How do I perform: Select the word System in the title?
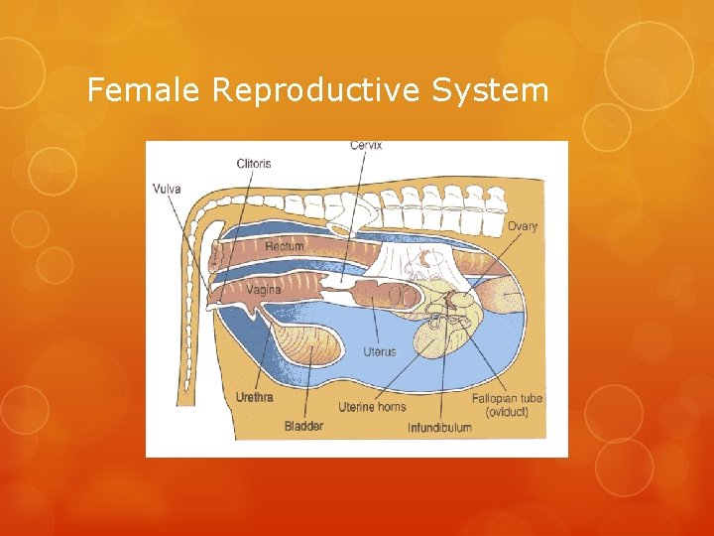tap(490, 91)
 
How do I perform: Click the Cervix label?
tap(366, 147)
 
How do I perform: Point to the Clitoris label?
tap(253, 163)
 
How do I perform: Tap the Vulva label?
tap(167, 187)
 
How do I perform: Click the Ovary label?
tap(523, 226)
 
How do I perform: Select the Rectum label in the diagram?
tap(285, 246)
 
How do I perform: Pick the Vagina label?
tap(263, 289)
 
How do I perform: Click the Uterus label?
tap(379, 351)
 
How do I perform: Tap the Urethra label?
tap(255, 397)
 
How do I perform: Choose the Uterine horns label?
tap(372, 407)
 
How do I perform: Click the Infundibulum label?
tap(439, 428)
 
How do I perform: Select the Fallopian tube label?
tap(507, 399)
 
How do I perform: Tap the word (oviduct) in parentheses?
tap(507, 413)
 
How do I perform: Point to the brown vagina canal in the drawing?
tap(297, 290)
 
